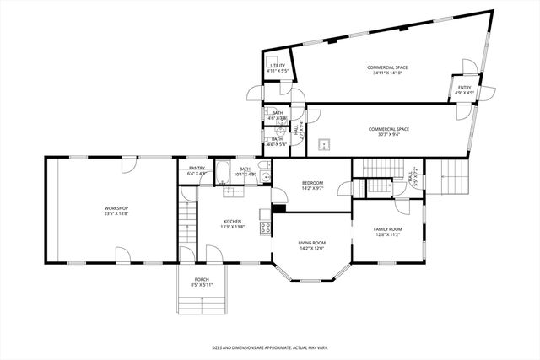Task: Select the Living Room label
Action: coord(311,243)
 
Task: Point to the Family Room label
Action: coord(388,229)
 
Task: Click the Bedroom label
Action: coord(313,183)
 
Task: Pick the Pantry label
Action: coord(197,169)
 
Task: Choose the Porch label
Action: coord(202,280)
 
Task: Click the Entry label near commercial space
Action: coord(464,88)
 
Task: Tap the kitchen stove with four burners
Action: coord(265,227)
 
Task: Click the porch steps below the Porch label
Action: coord(202,303)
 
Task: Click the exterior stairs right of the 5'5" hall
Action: coord(451,177)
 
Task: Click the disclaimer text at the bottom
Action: coord(270,347)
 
